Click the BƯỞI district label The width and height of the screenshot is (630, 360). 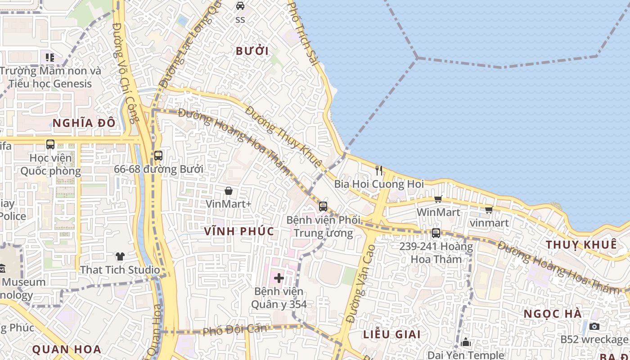[252, 51]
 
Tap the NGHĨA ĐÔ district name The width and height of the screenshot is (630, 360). [84, 123]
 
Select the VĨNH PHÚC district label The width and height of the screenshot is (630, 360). [239, 231]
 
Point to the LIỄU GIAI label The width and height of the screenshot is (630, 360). [392, 334]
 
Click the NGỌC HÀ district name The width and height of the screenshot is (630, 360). [553, 314]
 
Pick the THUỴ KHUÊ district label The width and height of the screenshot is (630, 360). [581, 244]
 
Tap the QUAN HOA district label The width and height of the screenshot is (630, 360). [67, 349]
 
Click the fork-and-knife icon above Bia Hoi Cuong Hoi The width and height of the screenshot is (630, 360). [379, 171]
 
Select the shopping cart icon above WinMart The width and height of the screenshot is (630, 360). [438, 199]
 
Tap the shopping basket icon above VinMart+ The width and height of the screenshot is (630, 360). [229, 191]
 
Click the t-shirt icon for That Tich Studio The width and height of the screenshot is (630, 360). [120, 256]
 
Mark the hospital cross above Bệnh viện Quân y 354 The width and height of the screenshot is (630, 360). [279, 278]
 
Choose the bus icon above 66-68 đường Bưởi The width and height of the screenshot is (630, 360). [158, 156]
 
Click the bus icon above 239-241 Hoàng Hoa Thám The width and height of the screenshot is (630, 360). [436, 233]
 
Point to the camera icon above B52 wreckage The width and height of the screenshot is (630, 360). [594, 326]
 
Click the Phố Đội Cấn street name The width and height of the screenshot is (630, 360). [234, 329]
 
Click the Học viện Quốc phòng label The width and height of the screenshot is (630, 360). [50, 164]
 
